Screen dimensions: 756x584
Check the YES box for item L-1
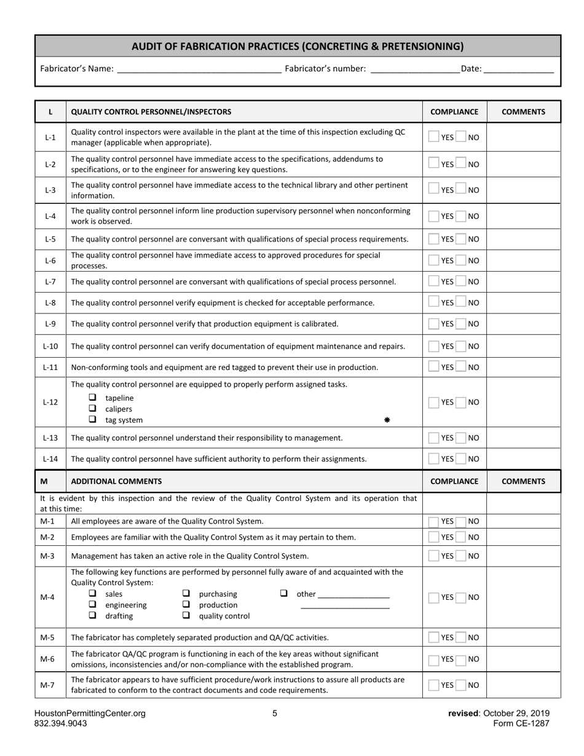(x=434, y=137)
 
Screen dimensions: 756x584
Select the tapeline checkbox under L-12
(x=93, y=398)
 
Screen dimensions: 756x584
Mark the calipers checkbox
(x=93, y=408)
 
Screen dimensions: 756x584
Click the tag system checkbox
(x=93, y=419)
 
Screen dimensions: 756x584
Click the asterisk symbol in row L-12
(x=387, y=420)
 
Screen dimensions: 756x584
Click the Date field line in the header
(x=518, y=69)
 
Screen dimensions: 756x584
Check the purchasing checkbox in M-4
(x=186, y=594)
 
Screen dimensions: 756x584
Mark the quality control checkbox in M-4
(x=186, y=615)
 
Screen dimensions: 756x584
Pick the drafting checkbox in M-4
(x=93, y=615)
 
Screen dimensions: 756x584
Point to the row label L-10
(x=50, y=346)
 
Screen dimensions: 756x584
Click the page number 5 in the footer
(x=275, y=714)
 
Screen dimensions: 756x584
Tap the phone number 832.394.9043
(x=61, y=723)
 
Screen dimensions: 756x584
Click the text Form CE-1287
(x=521, y=723)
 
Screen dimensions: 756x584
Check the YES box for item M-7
(x=434, y=685)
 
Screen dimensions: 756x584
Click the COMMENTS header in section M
(x=523, y=481)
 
